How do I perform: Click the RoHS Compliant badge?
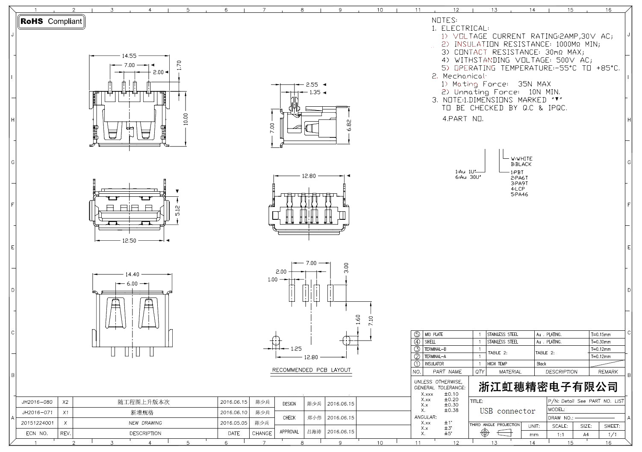tap(52, 21)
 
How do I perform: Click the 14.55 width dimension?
tap(129, 55)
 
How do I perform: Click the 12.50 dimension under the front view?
tap(129, 241)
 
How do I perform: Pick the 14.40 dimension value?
tap(132, 274)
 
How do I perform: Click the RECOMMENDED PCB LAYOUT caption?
tap(311, 370)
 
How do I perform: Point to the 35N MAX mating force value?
tap(534, 84)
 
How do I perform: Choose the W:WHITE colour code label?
tap(521, 159)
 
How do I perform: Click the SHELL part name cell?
tap(430, 342)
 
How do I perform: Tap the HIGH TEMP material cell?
tap(497, 364)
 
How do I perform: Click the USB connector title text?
tap(507, 411)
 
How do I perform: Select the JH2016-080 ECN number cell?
tap(37, 402)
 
